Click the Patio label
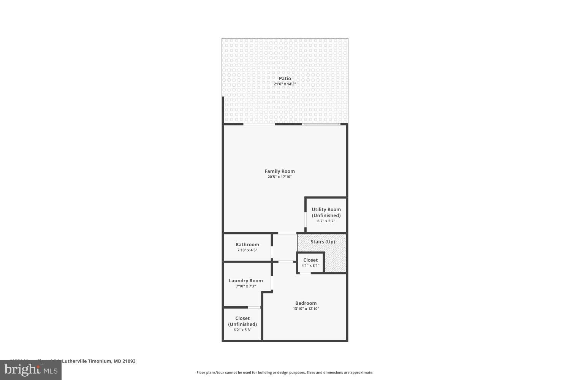(285, 79)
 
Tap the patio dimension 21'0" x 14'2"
(285, 84)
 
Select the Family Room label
(280, 171)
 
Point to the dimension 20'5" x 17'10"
(280, 177)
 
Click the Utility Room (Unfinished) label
(326, 212)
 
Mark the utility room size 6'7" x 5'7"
(326, 221)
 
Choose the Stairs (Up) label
(323, 242)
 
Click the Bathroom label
(247, 245)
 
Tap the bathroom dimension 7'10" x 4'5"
(247, 250)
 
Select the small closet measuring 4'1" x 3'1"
(310, 263)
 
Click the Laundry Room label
(245, 281)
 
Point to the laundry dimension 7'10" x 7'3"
(245, 286)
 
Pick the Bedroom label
(306, 303)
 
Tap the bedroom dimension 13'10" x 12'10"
(306, 309)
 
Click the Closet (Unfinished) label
(242, 321)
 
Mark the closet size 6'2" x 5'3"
(242, 330)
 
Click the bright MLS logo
(30, 370)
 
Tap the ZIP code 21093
(128, 361)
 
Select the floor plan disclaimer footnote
(285, 373)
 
